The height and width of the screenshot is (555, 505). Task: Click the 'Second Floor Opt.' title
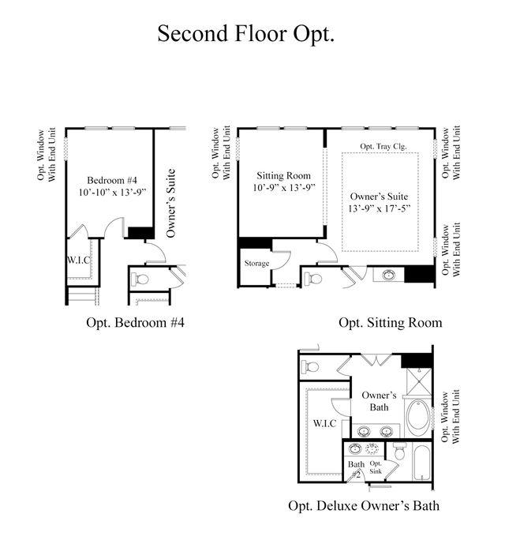click(245, 34)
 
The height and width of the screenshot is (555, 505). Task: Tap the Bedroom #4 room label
click(112, 180)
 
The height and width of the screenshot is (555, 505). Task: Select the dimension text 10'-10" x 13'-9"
click(112, 192)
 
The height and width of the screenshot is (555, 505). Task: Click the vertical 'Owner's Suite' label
click(170, 203)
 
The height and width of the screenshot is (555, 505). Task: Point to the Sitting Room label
click(283, 175)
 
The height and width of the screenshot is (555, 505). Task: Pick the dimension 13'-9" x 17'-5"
click(379, 208)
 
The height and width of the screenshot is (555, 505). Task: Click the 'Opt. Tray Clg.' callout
click(383, 146)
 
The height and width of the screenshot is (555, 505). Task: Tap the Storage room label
click(257, 264)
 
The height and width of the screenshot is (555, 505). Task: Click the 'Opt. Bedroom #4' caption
click(135, 322)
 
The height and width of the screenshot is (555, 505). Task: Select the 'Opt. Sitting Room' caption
click(391, 322)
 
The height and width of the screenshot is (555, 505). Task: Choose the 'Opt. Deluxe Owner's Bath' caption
click(364, 505)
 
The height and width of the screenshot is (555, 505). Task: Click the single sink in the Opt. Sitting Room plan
click(388, 275)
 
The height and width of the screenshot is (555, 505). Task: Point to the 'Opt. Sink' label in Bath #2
click(376, 467)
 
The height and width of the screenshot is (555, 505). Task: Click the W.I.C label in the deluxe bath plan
click(324, 423)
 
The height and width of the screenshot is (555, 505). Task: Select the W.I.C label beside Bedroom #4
click(79, 261)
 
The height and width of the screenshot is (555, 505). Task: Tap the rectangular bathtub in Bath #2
click(421, 463)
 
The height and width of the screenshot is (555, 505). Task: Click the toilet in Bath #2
click(398, 452)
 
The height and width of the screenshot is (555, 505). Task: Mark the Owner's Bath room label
click(379, 401)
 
